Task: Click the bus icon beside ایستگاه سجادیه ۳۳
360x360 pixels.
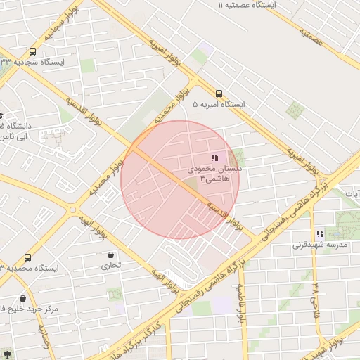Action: [32, 51]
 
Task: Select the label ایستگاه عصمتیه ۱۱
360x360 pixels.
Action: [247, 5]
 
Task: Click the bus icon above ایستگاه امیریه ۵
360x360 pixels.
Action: [219, 94]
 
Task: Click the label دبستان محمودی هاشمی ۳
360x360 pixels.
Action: [214, 174]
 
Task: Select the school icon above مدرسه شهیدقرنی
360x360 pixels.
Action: [320, 233]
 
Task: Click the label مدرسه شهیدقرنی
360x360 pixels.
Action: [316, 246]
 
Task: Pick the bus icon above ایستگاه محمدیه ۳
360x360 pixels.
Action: [28, 257]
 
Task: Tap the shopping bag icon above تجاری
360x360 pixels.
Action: [111, 255]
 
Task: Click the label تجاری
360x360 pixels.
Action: [111, 266]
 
